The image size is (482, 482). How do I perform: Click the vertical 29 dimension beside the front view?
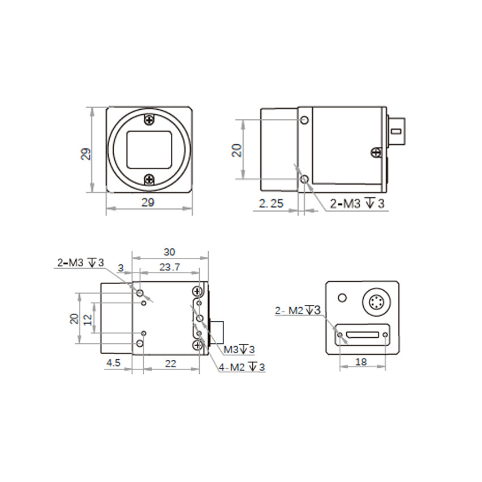click(x=85, y=154)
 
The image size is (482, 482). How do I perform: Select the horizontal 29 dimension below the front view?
click(x=149, y=201)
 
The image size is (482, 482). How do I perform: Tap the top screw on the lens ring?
click(x=149, y=120)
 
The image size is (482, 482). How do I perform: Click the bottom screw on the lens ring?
click(x=149, y=180)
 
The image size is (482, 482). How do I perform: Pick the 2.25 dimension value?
click(x=271, y=204)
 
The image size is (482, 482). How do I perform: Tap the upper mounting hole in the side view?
click(x=304, y=120)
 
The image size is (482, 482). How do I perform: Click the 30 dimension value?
click(x=169, y=252)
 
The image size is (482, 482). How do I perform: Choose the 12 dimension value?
click(x=87, y=319)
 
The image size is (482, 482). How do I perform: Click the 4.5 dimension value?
click(x=114, y=364)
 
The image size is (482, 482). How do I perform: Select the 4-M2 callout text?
click(x=242, y=367)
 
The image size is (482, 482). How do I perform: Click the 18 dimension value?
click(x=361, y=361)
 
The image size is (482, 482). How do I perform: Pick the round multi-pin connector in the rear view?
click(x=374, y=303)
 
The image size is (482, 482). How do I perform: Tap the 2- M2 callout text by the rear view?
click(x=298, y=310)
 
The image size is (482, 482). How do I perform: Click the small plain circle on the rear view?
click(x=342, y=298)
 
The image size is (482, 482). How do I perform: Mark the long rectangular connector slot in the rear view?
click(x=363, y=335)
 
